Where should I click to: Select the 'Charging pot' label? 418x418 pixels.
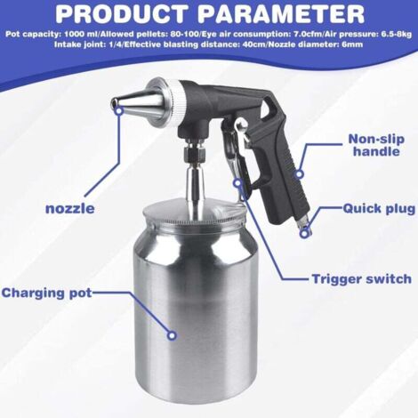(52, 293)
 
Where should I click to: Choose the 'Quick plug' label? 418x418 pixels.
(379, 209)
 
